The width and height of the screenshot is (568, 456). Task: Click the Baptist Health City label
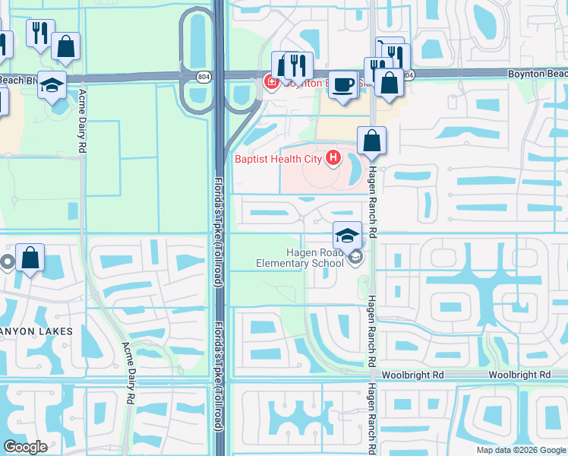[x=279, y=158]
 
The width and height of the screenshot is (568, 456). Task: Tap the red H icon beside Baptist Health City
[x=333, y=158]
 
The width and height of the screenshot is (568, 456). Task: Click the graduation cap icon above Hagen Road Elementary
[x=348, y=234]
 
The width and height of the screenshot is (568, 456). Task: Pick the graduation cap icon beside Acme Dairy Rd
[x=52, y=85]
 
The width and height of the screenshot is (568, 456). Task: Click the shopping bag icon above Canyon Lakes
[x=30, y=258]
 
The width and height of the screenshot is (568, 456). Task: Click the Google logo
[x=25, y=447]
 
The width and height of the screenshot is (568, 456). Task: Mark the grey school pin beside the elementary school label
[x=355, y=259]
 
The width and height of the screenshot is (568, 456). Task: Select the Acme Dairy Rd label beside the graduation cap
[x=81, y=122]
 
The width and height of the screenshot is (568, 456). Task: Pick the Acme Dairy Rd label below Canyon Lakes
[x=130, y=372]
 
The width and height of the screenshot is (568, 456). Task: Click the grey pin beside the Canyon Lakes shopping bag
[x=8, y=263]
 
